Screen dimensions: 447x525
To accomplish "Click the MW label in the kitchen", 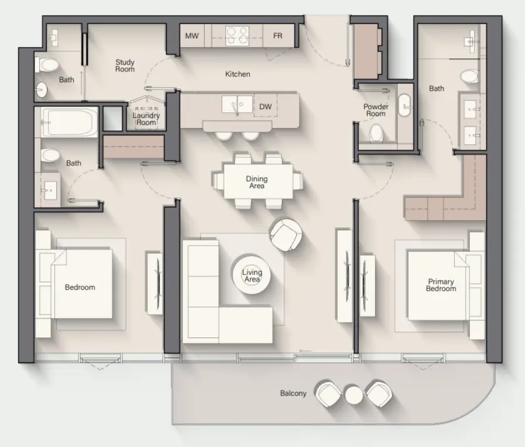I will point(192,36).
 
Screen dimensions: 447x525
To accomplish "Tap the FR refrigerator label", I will point(278,36).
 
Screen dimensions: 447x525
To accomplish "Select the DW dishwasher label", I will point(266,107).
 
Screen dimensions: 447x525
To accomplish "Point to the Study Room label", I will point(125,66).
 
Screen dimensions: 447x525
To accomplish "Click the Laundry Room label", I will point(146,118).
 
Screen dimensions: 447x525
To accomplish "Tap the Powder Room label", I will point(375,110).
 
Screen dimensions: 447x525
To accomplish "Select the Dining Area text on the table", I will point(256,182).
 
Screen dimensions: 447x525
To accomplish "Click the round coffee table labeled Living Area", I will point(252,276).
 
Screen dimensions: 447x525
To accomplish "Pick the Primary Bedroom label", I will point(440,285).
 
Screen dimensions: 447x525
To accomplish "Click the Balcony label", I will point(293,394).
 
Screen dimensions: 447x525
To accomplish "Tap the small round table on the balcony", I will point(354,394).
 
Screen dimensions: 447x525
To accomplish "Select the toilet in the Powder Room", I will point(377,133).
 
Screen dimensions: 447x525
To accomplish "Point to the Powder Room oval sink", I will point(404,105).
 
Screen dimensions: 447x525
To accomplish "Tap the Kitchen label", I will point(237,74).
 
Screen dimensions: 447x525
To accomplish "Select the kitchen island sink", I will point(236,103).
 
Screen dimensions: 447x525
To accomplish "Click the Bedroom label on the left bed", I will point(80,287).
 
